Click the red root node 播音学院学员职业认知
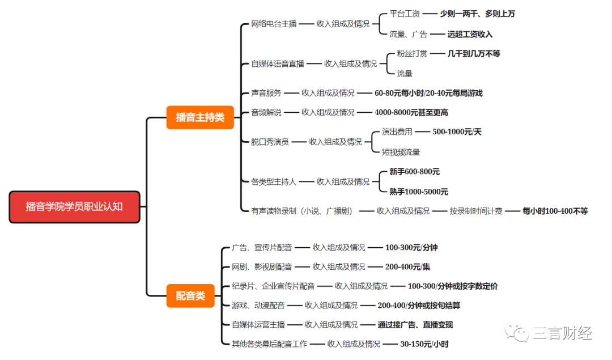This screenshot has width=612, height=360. pyautogui.click(x=74, y=207)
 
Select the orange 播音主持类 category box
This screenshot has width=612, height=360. pyautogui.click(x=200, y=117)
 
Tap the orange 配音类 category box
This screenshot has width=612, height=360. pyautogui.click(x=190, y=296)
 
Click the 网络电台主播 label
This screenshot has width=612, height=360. pyautogui.click(x=274, y=24)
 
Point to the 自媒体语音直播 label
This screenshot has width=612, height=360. pyautogui.click(x=278, y=63)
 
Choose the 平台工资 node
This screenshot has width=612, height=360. pyautogui.click(x=405, y=14)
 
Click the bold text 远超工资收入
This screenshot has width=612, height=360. pyautogui.click(x=470, y=34)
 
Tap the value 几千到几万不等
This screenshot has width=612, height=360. pyautogui.click(x=474, y=53)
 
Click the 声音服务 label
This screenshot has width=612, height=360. pyautogui.click(x=266, y=93)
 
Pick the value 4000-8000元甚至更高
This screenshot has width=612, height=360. pyautogui.click(x=411, y=112)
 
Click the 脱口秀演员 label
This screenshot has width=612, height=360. pyautogui.click(x=270, y=142)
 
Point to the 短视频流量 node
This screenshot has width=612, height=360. pyautogui.click(x=401, y=152)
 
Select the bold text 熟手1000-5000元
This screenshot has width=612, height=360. pyautogui.click(x=418, y=192)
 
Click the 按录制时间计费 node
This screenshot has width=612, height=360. pyautogui.click(x=476, y=211)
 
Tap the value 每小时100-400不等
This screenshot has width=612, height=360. pyautogui.click(x=555, y=211)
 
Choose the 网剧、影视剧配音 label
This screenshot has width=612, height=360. pyautogui.click(x=262, y=266)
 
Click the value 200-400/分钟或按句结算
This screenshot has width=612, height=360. pyautogui.click(x=419, y=305)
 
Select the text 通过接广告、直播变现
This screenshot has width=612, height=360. pyautogui.click(x=415, y=325)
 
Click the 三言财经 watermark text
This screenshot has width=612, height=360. pyautogui.click(x=562, y=333)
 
